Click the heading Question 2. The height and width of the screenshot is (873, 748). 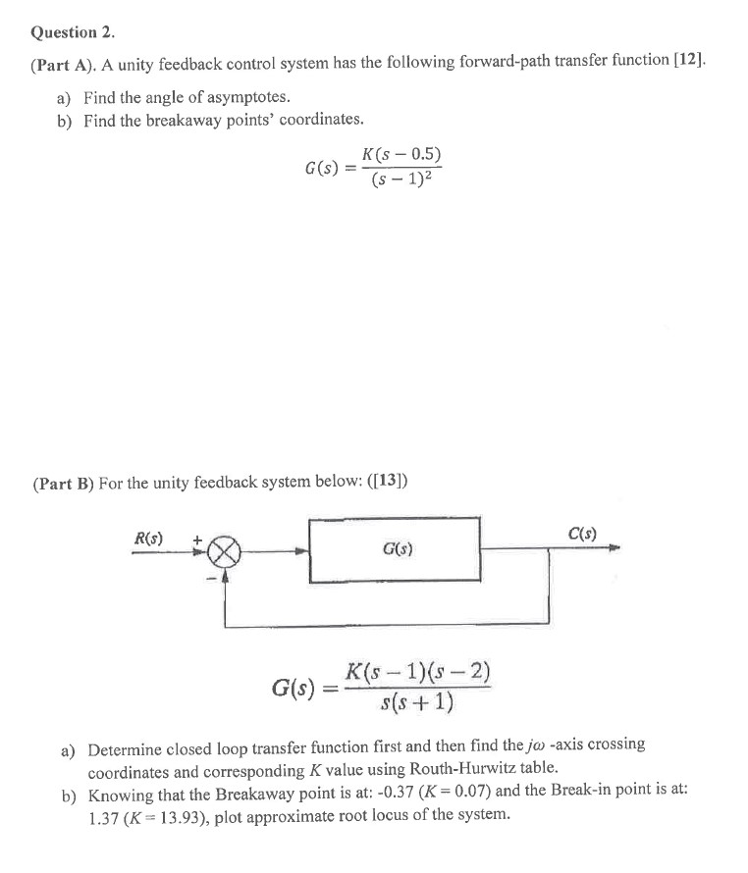75,31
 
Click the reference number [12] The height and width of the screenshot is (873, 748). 684,62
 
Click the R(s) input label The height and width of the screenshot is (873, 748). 148,538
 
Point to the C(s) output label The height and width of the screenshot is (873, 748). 582,535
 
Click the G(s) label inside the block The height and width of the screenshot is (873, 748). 396,550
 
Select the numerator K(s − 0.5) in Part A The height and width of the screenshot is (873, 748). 401,154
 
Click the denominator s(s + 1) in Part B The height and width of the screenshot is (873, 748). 418,703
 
